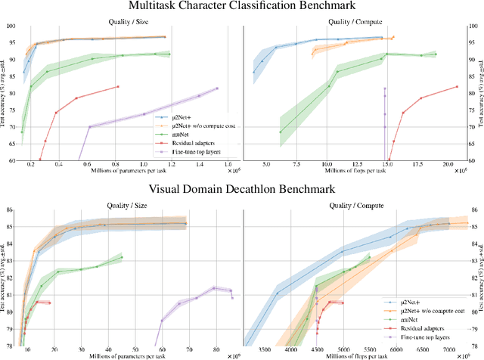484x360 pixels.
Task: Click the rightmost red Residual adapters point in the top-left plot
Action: pos(118,86)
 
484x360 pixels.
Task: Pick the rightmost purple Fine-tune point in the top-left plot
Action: pos(217,88)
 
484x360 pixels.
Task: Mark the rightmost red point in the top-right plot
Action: pos(458,86)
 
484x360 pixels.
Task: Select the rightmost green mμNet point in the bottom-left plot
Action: pos(122,257)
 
